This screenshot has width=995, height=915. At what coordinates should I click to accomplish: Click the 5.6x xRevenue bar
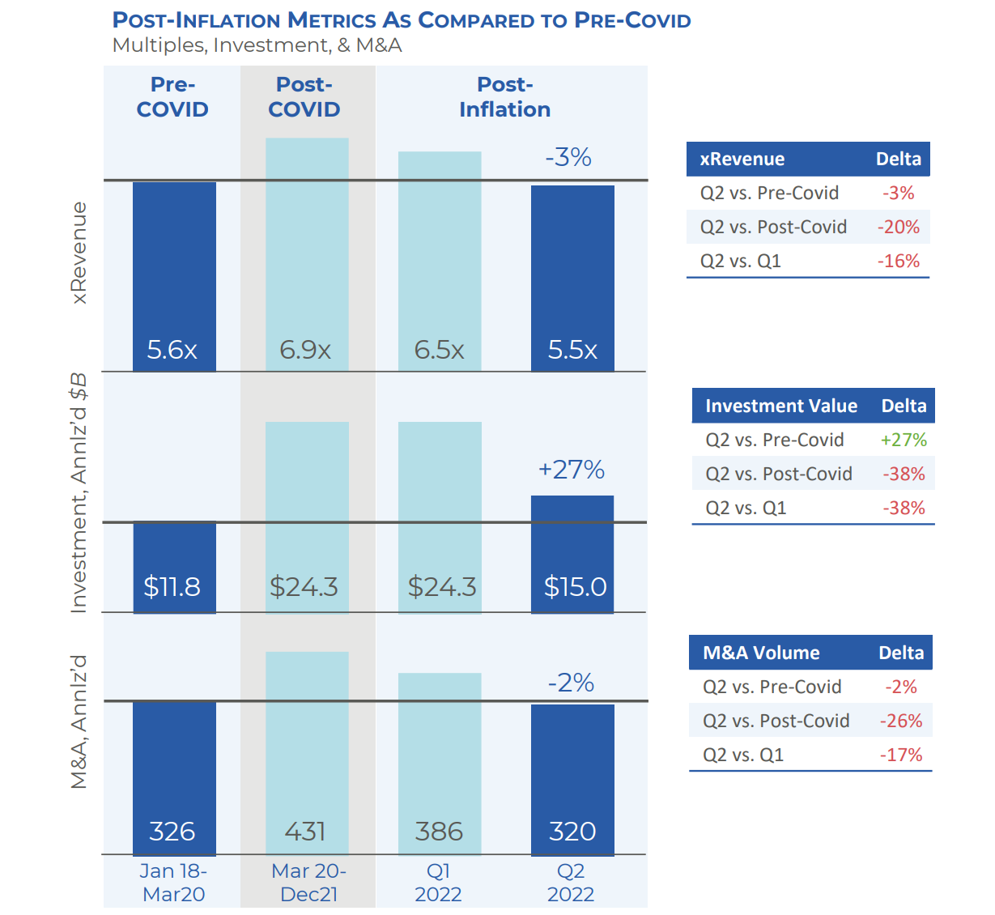coord(174,275)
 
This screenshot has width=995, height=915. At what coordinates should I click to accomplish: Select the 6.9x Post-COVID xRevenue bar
coord(307,254)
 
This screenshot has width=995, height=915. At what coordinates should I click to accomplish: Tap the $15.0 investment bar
coord(572,554)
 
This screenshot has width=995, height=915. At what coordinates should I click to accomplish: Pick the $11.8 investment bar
coord(174,567)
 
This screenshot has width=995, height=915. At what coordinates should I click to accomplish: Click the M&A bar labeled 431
coord(307,753)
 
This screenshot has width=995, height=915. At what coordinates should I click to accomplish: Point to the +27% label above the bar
coord(572,470)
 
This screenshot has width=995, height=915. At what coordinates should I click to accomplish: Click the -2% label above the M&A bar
coord(571,683)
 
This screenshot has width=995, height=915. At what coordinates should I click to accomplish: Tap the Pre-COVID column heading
coord(172,97)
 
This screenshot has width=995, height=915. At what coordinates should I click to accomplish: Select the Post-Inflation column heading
coord(504,97)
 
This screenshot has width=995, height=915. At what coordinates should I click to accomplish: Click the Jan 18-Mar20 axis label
coord(173,883)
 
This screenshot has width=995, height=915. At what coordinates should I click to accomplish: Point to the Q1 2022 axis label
coord(438,883)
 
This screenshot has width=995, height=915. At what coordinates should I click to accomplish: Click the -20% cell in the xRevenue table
coord(899,227)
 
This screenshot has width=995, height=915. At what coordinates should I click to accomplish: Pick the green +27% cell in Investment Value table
coord(904,440)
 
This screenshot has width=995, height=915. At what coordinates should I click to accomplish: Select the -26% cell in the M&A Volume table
coord(901,721)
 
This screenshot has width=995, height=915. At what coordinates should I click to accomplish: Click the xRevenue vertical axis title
coord(79,253)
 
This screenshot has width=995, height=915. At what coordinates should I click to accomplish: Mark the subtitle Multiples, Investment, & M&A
coord(257,45)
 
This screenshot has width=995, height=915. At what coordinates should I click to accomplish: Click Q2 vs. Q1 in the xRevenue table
coord(740,261)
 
